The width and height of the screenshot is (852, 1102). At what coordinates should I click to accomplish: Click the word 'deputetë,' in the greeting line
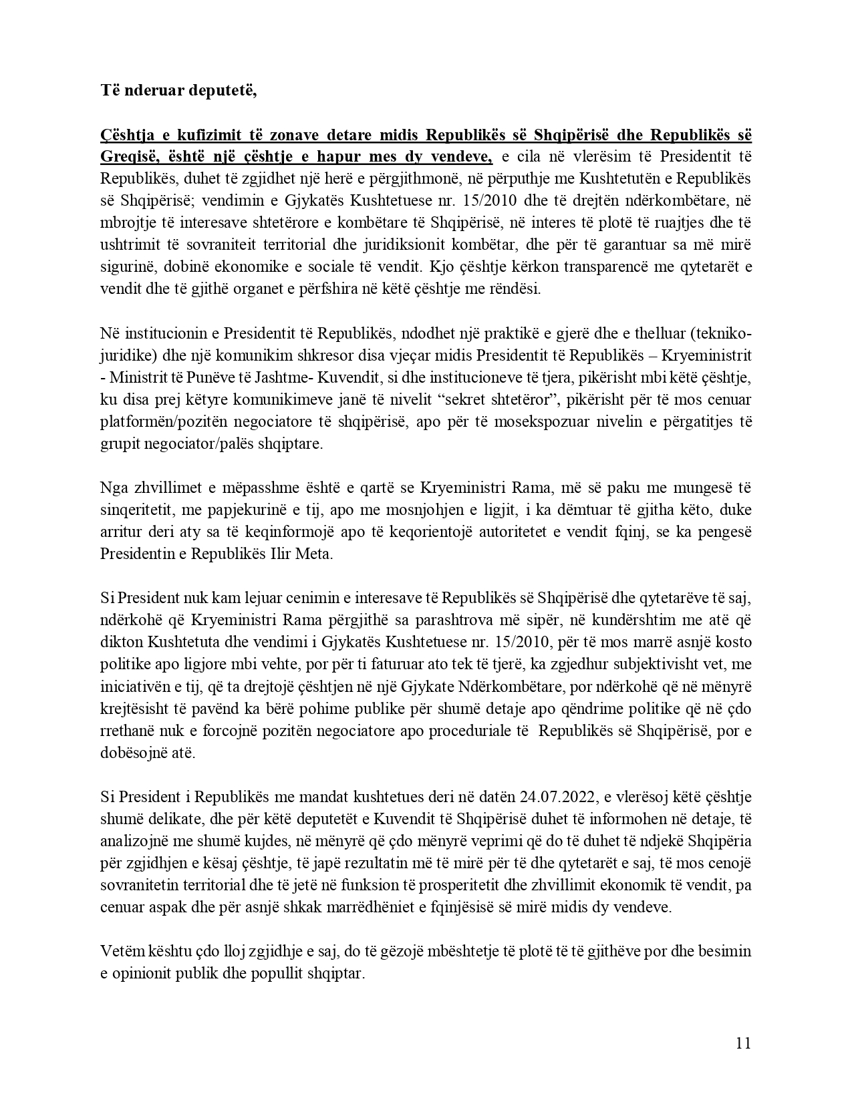tap(225, 90)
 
